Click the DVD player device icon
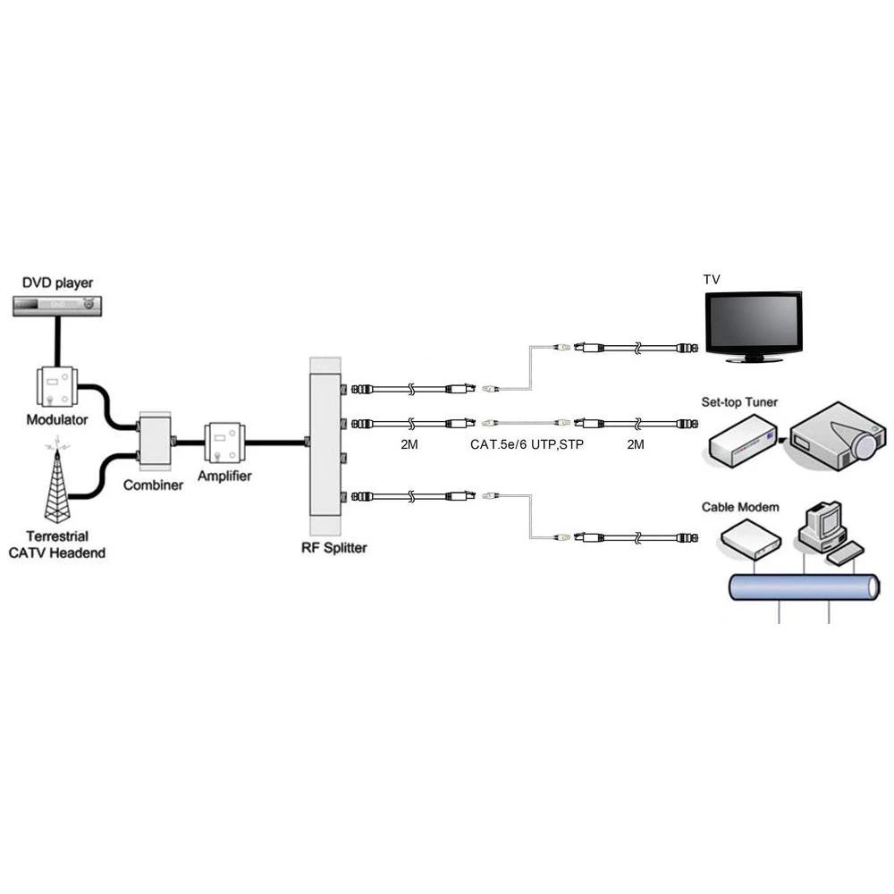[x=58, y=305]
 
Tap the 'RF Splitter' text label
[x=333, y=547]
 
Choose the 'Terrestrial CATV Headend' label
[x=57, y=544]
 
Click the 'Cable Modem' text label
[x=739, y=507]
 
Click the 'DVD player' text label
[x=57, y=283]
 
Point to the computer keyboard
[x=845, y=553]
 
